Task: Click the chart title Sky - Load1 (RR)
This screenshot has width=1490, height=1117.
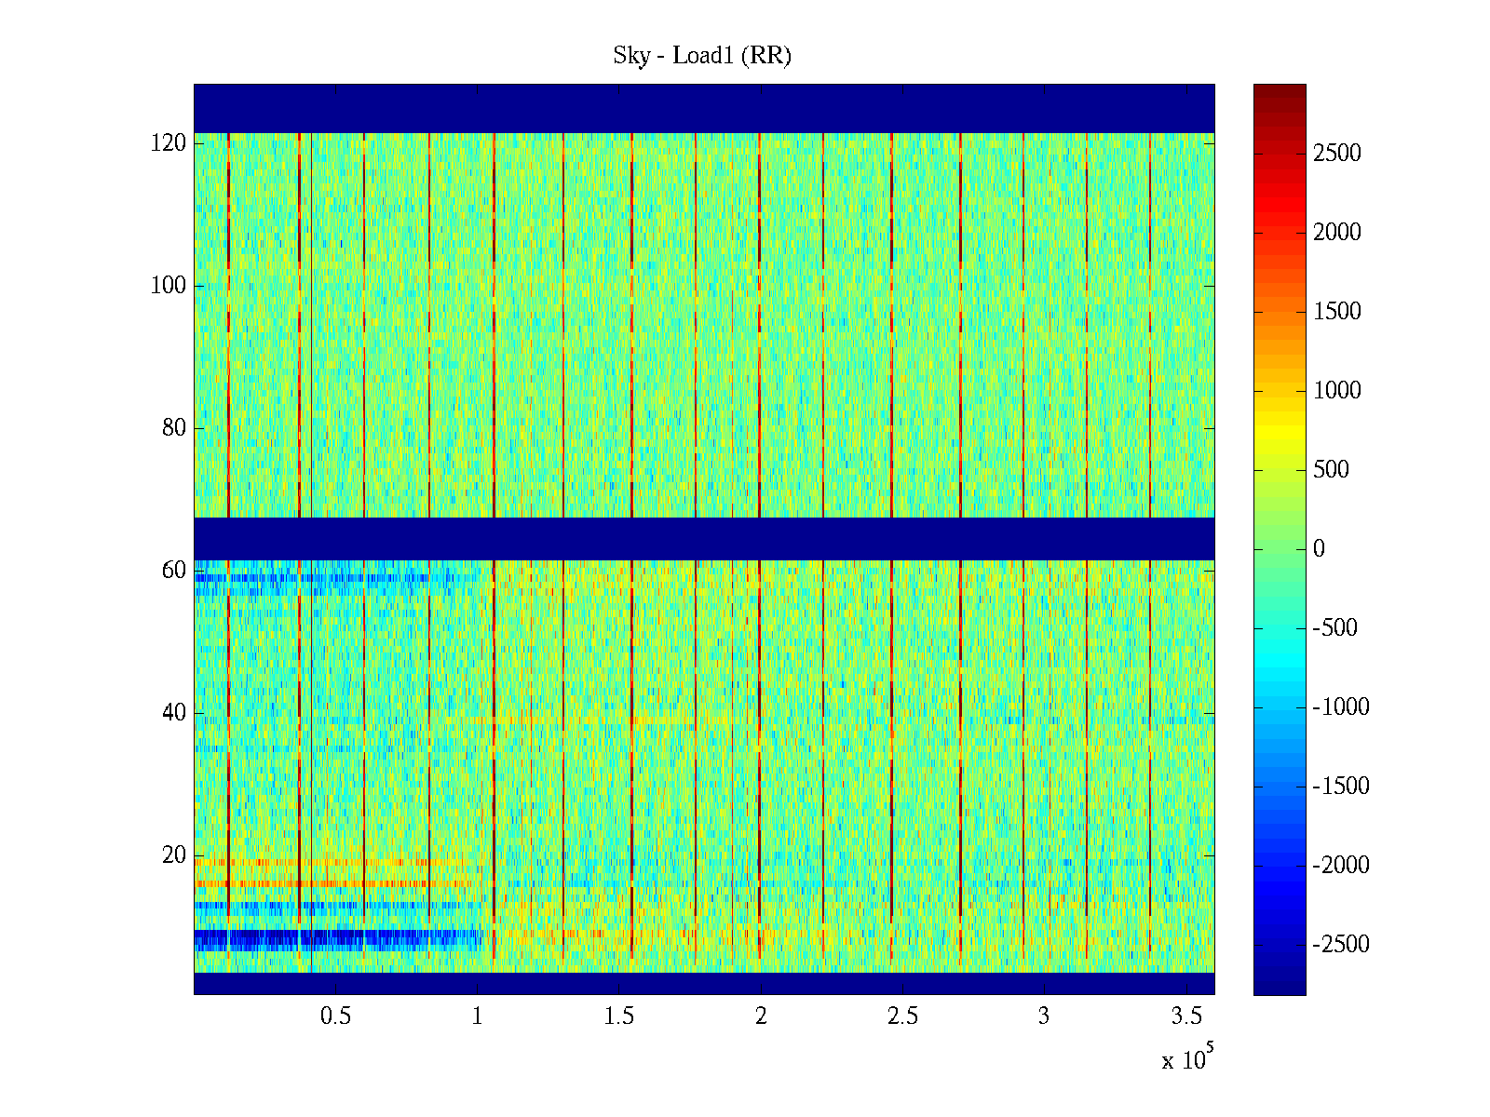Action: (702, 56)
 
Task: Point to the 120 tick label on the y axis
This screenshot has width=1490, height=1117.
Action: (168, 143)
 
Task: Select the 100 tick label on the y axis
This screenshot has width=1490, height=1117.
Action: (168, 286)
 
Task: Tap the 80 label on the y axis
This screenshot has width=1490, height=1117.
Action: (174, 428)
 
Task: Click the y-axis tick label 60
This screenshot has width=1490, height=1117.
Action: (174, 571)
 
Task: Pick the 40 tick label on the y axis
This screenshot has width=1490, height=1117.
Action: (174, 713)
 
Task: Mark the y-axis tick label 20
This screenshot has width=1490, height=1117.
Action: (174, 855)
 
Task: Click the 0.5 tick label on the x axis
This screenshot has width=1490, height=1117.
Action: (335, 1016)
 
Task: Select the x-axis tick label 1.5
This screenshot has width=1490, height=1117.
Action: (619, 1016)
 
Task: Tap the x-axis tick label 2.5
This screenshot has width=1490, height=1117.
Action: (902, 1016)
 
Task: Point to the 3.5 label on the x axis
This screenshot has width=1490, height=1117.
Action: (1185, 1016)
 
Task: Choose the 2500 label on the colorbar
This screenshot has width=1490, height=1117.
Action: (1336, 154)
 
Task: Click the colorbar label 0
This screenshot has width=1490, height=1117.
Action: (1319, 549)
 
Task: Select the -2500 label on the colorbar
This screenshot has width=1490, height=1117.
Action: (1341, 945)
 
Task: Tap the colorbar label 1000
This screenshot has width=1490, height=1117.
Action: (1336, 391)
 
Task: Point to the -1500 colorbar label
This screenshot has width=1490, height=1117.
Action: (1341, 787)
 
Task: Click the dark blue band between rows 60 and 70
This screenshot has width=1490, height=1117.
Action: (704, 538)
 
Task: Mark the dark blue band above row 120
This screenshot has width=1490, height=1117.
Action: (704, 108)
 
